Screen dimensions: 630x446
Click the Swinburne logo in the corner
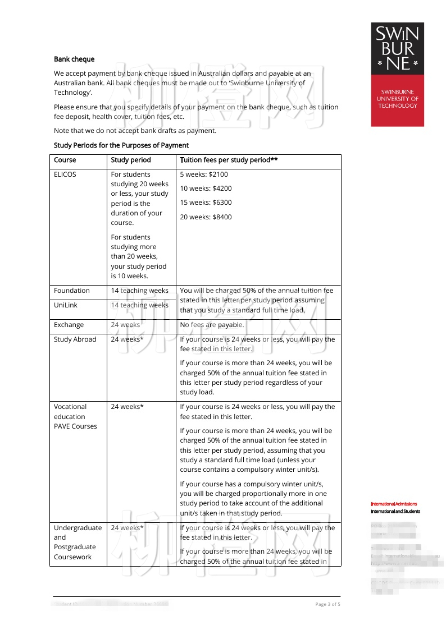[397, 74]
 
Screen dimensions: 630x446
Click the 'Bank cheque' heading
[74, 59]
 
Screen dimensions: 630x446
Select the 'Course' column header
[65, 160]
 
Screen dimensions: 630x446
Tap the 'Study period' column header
[131, 160]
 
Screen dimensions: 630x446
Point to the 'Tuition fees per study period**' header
[229, 160]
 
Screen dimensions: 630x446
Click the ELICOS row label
[65, 174]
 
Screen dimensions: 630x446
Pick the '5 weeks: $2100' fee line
[204, 174]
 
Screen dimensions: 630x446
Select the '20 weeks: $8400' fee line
[206, 217]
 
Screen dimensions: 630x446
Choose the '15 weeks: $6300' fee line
[206, 203]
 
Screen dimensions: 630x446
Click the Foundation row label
[72, 291]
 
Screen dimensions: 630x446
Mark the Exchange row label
[69, 325]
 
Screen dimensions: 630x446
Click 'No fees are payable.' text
[212, 325]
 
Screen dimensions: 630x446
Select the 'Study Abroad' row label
[75, 339]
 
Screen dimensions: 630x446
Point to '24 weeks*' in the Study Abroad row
[127, 339]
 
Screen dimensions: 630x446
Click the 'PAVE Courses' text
[75, 426]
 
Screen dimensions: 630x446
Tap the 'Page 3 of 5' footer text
[327, 604]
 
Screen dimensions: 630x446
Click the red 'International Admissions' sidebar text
[394, 504]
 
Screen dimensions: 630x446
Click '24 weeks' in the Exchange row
[125, 325]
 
